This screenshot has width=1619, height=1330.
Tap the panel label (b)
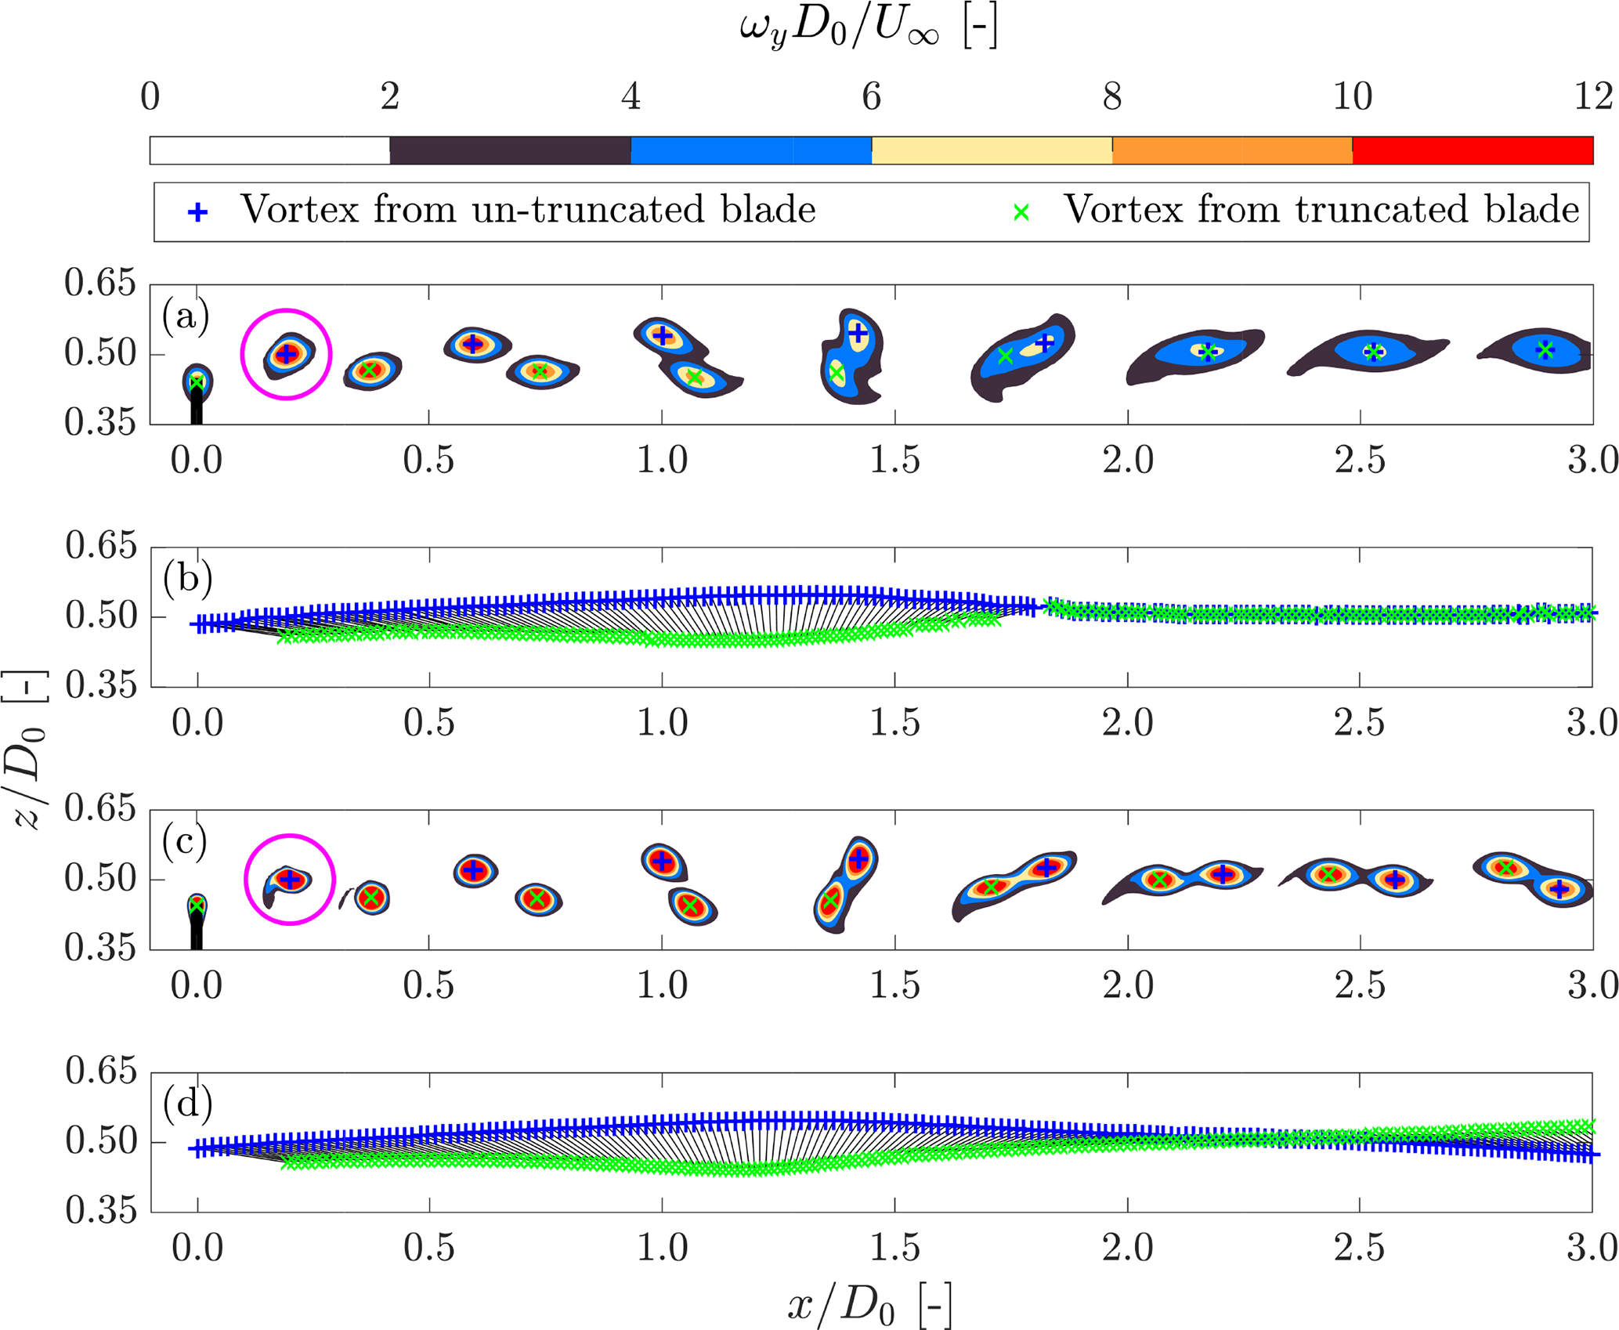(x=187, y=579)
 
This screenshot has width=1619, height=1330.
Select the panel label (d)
(x=187, y=1104)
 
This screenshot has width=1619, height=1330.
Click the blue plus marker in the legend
(x=198, y=212)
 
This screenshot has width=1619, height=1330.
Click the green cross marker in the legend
(x=1021, y=212)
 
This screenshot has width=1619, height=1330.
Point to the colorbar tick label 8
(x=1111, y=97)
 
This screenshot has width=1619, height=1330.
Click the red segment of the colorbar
(x=1473, y=150)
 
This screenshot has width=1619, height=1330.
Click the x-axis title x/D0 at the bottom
(x=869, y=1305)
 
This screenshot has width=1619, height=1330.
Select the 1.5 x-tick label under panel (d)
(x=894, y=1248)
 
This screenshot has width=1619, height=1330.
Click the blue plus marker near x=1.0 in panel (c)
(x=663, y=862)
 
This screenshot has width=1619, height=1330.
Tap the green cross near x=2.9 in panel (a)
(x=1545, y=350)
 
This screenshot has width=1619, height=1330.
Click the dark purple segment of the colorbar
(x=510, y=150)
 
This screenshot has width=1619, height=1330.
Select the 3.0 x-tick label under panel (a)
(x=1592, y=460)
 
